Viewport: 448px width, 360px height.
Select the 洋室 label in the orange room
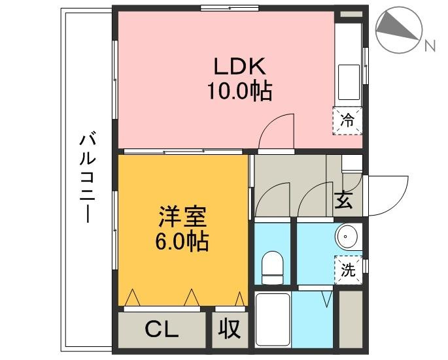[182, 216]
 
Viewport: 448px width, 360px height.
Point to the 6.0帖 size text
[182, 242]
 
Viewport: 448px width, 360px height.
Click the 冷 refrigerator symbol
[348, 120]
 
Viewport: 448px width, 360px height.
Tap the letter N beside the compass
[430, 45]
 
